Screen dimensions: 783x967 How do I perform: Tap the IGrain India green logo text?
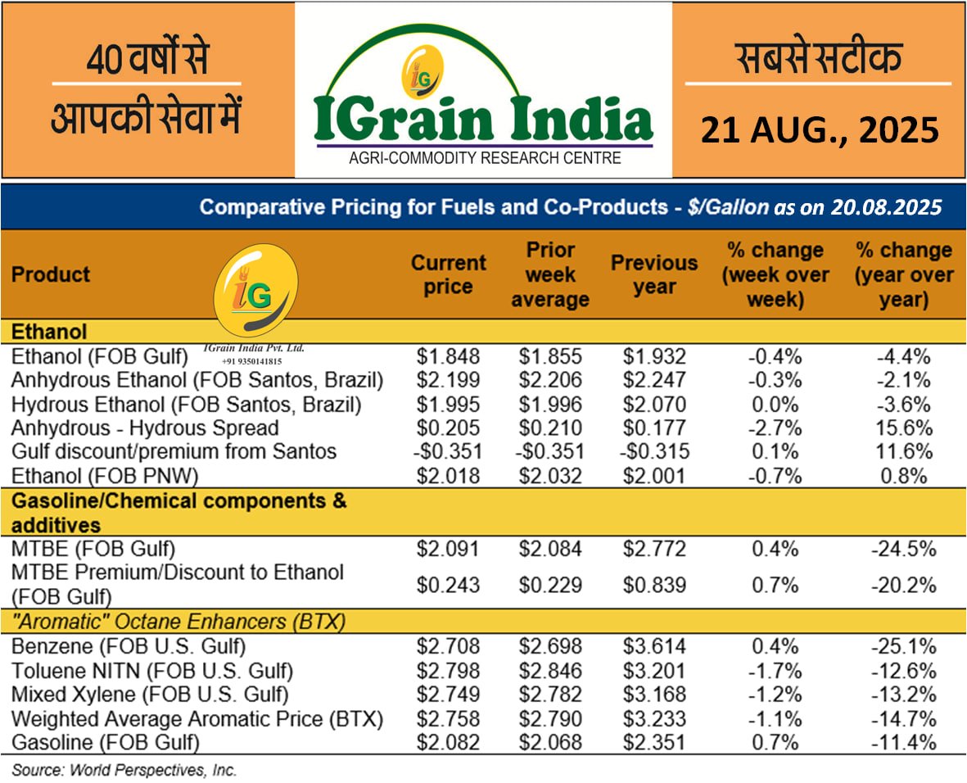click(483, 118)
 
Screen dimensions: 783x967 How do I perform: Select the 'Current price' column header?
click(448, 274)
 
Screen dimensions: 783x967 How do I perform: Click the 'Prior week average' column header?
click(550, 274)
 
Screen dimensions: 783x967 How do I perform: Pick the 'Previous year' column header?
click(654, 274)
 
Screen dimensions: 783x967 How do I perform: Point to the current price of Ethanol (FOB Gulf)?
click(448, 357)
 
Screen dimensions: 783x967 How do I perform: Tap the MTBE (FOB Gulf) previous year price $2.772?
click(654, 549)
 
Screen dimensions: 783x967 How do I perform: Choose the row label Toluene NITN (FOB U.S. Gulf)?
click(152, 672)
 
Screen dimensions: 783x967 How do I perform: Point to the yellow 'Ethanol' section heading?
click(49, 332)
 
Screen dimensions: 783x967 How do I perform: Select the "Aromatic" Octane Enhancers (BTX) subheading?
click(178, 622)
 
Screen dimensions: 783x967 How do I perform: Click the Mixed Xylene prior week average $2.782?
click(550, 695)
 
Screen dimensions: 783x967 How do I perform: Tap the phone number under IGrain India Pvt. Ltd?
click(251, 360)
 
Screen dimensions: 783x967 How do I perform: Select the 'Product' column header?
click(51, 274)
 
